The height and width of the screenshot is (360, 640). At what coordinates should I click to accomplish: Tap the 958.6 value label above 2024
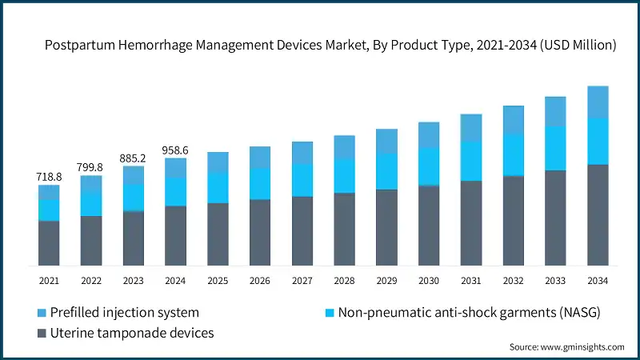click(x=176, y=149)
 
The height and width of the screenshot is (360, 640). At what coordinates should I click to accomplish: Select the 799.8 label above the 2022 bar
click(x=91, y=166)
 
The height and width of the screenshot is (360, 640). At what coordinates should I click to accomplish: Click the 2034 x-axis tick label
click(x=598, y=281)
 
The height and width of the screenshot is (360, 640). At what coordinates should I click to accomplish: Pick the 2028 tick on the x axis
click(x=344, y=281)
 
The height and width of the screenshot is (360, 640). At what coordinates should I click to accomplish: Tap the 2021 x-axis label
click(x=49, y=281)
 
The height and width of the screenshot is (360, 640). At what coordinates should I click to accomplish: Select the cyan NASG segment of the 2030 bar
click(x=429, y=166)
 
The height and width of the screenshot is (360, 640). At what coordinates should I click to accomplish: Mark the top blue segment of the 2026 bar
click(x=260, y=157)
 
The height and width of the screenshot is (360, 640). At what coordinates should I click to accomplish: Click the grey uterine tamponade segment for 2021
click(x=49, y=243)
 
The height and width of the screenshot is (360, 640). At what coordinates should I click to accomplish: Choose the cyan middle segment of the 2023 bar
click(x=134, y=198)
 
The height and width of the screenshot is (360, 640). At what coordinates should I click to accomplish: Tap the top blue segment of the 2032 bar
click(x=513, y=120)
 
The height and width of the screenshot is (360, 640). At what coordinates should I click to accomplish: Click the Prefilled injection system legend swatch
click(x=42, y=312)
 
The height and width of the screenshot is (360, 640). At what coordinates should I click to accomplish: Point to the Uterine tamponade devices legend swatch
click(x=42, y=332)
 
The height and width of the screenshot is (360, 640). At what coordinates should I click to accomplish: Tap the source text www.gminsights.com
click(x=582, y=346)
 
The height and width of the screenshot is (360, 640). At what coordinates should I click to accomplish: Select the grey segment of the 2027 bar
click(x=302, y=230)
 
